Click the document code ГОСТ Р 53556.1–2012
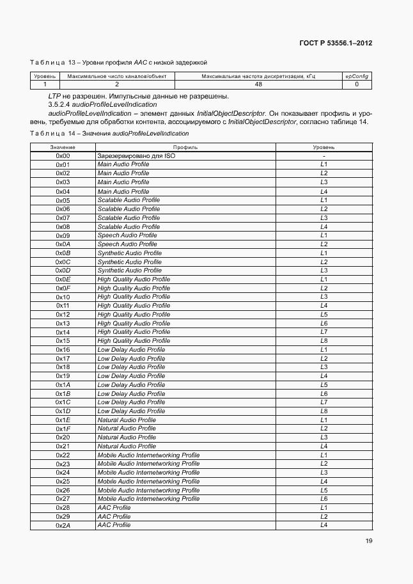[x=336, y=43]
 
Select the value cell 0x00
[x=63, y=156]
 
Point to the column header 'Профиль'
[x=185, y=147]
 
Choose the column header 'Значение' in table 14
[x=63, y=147]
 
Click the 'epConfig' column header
[x=357, y=76]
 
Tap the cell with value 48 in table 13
[x=258, y=84]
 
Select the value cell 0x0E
[x=63, y=280]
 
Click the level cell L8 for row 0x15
[x=324, y=341]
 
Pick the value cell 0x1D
[x=63, y=411]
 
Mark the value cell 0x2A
[x=63, y=525]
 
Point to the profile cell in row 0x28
[x=114, y=507]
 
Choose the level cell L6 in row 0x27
[x=324, y=499]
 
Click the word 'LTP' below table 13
[x=45, y=96]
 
